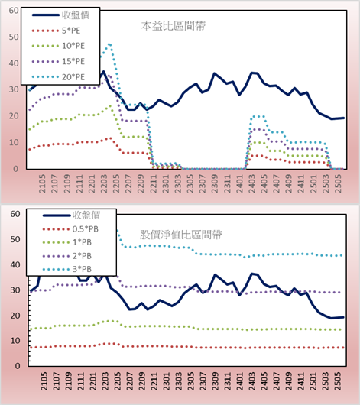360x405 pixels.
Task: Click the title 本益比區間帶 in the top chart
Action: coord(174,26)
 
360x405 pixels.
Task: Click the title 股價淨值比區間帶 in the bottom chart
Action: coord(180,235)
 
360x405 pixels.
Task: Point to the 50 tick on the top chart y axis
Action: coord(14,37)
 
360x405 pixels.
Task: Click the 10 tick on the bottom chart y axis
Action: coord(15,341)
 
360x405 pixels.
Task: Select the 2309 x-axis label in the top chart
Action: coord(215,183)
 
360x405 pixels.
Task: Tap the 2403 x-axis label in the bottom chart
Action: coord(251,381)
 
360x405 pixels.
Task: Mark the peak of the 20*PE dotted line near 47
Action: coord(109,44)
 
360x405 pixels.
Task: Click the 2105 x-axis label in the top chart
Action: coord(42,183)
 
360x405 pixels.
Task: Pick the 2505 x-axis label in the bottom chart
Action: coord(338,381)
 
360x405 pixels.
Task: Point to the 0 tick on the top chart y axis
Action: coord(16,169)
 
